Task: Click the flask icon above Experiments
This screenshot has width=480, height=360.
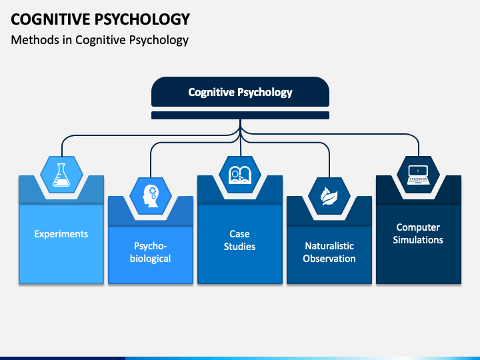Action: [x=61, y=175]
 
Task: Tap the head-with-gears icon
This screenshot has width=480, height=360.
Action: [x=151, y=196]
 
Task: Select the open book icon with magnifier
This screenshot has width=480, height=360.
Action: [x=240, y=175]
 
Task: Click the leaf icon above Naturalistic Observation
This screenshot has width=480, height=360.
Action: [x=329, y=196]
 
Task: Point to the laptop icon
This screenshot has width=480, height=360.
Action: [x=419, y=175]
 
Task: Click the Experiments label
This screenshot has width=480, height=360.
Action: [x=61, y=234]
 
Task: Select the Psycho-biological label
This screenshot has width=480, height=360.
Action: [x=150, y=252]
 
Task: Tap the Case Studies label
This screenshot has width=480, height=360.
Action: [x=240, y=240]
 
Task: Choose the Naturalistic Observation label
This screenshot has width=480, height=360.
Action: [x=329, y=252]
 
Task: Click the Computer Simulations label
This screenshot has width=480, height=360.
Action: [x=418, y=233]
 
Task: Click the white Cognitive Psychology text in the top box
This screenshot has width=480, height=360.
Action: [x=240, y=92]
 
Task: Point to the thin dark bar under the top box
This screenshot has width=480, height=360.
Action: [x=240, y=115]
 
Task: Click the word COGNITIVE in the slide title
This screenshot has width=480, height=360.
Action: [x=50, y=19]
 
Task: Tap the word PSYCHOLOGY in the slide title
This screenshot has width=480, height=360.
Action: [x=143, y=19]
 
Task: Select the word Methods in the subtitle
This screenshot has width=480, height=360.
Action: [x=35, y=40]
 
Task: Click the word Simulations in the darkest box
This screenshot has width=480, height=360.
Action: [x=418, y=240]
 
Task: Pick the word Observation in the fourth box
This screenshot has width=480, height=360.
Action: [x=329, y=259]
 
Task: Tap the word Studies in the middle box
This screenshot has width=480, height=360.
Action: [x=240, y=247]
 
